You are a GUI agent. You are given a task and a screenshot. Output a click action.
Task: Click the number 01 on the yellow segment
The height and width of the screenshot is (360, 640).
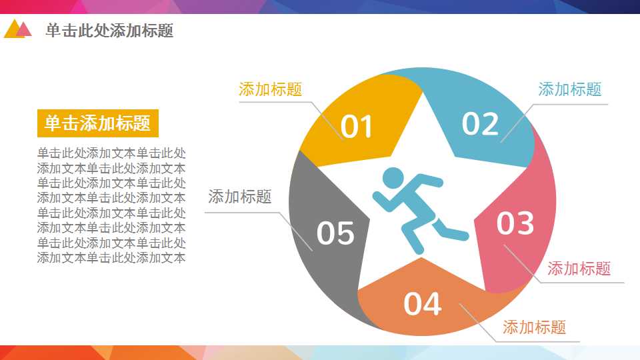[357, 127]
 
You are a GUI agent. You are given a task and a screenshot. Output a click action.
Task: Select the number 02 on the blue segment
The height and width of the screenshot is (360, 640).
[480, 123]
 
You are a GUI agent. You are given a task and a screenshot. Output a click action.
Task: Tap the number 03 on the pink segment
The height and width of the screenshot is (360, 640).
[515, 223]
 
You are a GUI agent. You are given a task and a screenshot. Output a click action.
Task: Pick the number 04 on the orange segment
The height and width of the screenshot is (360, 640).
[423, 304]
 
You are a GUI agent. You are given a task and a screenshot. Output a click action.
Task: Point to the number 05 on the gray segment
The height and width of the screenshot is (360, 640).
[335, 233]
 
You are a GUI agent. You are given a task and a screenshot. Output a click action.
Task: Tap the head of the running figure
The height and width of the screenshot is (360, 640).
[393, 179]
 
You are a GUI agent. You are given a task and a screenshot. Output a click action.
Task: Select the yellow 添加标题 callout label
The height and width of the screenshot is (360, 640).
[270, 89]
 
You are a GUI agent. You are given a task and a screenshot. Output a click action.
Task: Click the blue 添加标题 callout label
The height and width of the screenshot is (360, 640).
[569, 89]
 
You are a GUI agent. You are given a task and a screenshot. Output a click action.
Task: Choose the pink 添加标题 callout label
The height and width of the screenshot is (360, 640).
[579, 269]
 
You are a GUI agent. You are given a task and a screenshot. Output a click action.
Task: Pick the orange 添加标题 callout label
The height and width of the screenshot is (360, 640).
[534, 327]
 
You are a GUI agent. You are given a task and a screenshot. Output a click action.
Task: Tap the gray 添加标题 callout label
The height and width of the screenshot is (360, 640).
[239, 197]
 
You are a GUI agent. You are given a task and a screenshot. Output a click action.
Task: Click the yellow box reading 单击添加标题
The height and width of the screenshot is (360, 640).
[97, 123]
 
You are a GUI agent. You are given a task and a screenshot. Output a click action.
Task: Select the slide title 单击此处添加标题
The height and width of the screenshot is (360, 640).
[109, 31]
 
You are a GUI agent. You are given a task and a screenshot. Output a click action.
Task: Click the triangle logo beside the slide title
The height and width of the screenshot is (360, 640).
[17, 29]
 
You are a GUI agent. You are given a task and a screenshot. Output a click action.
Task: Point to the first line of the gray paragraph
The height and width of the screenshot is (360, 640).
[111, 153]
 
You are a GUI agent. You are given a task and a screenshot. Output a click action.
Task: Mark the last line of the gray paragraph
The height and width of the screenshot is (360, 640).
[111, 258]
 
